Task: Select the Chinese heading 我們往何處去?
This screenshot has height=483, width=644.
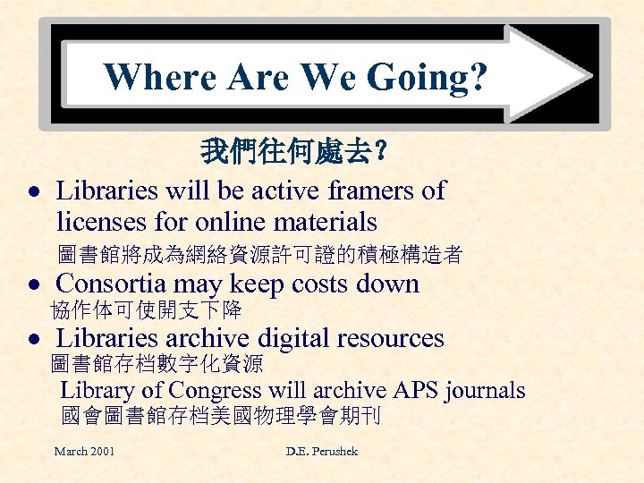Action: pyautogui.click(x=294, y=151)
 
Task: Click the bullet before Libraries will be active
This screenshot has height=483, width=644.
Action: pyautogui.click(x=32, y=192)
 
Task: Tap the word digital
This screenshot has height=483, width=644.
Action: pyautogui.click(x=295, y=339)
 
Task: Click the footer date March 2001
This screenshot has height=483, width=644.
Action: pyautogui.click(x=84, y=451)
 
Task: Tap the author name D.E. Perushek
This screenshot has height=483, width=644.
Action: pyautogui.click(x=322, y=451)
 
